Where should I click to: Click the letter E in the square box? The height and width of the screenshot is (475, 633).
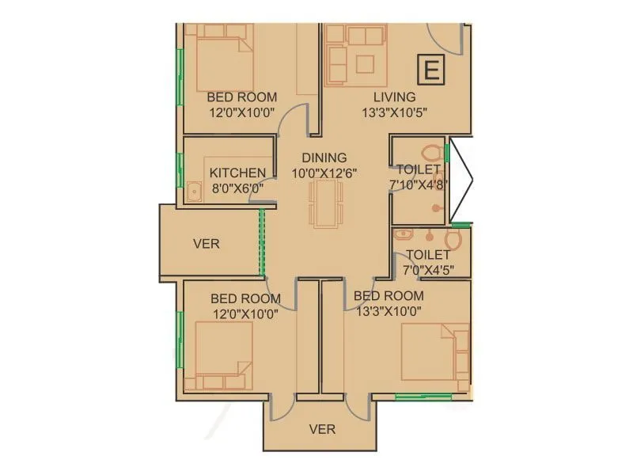tap(431, 70)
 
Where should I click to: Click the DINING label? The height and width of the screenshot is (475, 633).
tap(324, 158)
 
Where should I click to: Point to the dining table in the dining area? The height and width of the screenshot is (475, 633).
tap(326, 203)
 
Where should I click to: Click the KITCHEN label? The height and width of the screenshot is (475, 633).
tap(237, 173)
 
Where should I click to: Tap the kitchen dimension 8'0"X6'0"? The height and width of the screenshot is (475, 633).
tap(237, 188)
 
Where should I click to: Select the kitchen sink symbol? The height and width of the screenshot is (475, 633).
tap(193, 190)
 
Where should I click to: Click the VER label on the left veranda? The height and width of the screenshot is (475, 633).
tap(207, 244)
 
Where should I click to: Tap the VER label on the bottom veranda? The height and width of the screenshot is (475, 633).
tap(322, 429)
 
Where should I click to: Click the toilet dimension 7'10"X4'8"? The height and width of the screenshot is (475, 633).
tap(419, 184)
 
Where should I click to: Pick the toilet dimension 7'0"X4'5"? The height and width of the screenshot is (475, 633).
tap(428, 269)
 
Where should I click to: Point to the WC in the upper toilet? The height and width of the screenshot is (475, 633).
tap(432, 152)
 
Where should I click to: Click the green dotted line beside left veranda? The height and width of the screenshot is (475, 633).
tap(262, 242)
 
